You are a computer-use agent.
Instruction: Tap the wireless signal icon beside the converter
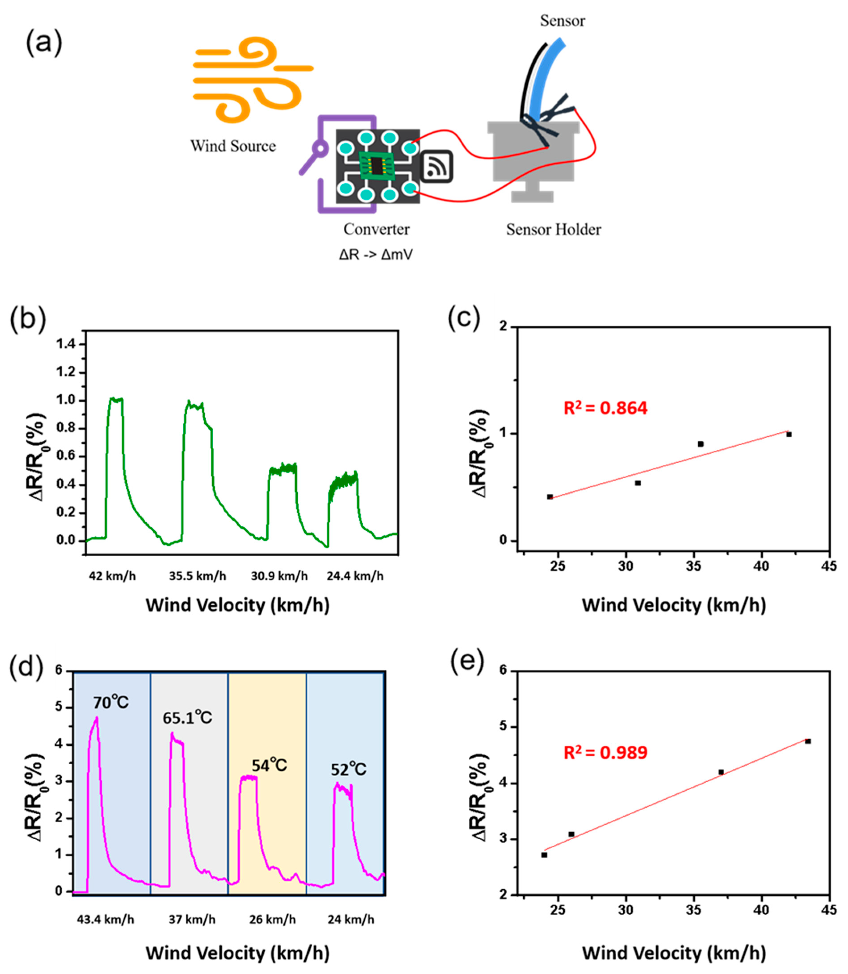[436, 167]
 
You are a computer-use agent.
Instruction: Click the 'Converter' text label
[376, 229]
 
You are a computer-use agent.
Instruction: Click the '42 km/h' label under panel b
[112, 576]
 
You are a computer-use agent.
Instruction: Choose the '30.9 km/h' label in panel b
[279, 576]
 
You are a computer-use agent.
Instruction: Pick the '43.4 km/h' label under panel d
[106, 920]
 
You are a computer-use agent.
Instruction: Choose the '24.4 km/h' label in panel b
[355, 576]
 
